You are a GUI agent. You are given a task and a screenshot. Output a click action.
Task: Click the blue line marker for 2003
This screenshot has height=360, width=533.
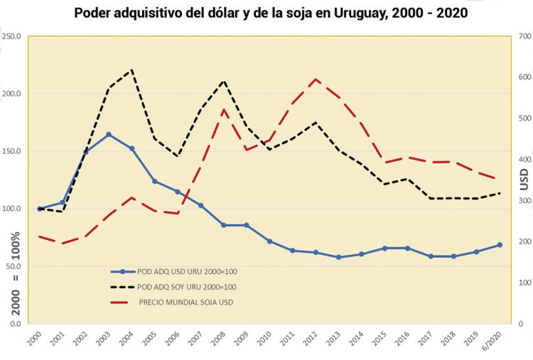coord(109,134)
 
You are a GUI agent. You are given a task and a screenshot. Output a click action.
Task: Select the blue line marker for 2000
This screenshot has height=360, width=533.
coord(40,209)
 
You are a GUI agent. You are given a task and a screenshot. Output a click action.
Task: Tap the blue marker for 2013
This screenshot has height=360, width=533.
coord(339,257)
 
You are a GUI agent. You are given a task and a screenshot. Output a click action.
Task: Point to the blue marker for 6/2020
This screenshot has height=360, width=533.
coord(500,245)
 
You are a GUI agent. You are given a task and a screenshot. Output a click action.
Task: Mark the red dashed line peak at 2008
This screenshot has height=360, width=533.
coord(224,109)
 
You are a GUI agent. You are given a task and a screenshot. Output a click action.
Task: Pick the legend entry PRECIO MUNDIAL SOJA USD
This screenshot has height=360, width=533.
coord(185,302)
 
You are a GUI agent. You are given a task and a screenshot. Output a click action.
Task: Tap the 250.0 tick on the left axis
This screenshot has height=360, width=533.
coord(13,36)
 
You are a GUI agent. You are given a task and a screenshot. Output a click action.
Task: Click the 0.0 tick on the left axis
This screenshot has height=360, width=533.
coord(15,324)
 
